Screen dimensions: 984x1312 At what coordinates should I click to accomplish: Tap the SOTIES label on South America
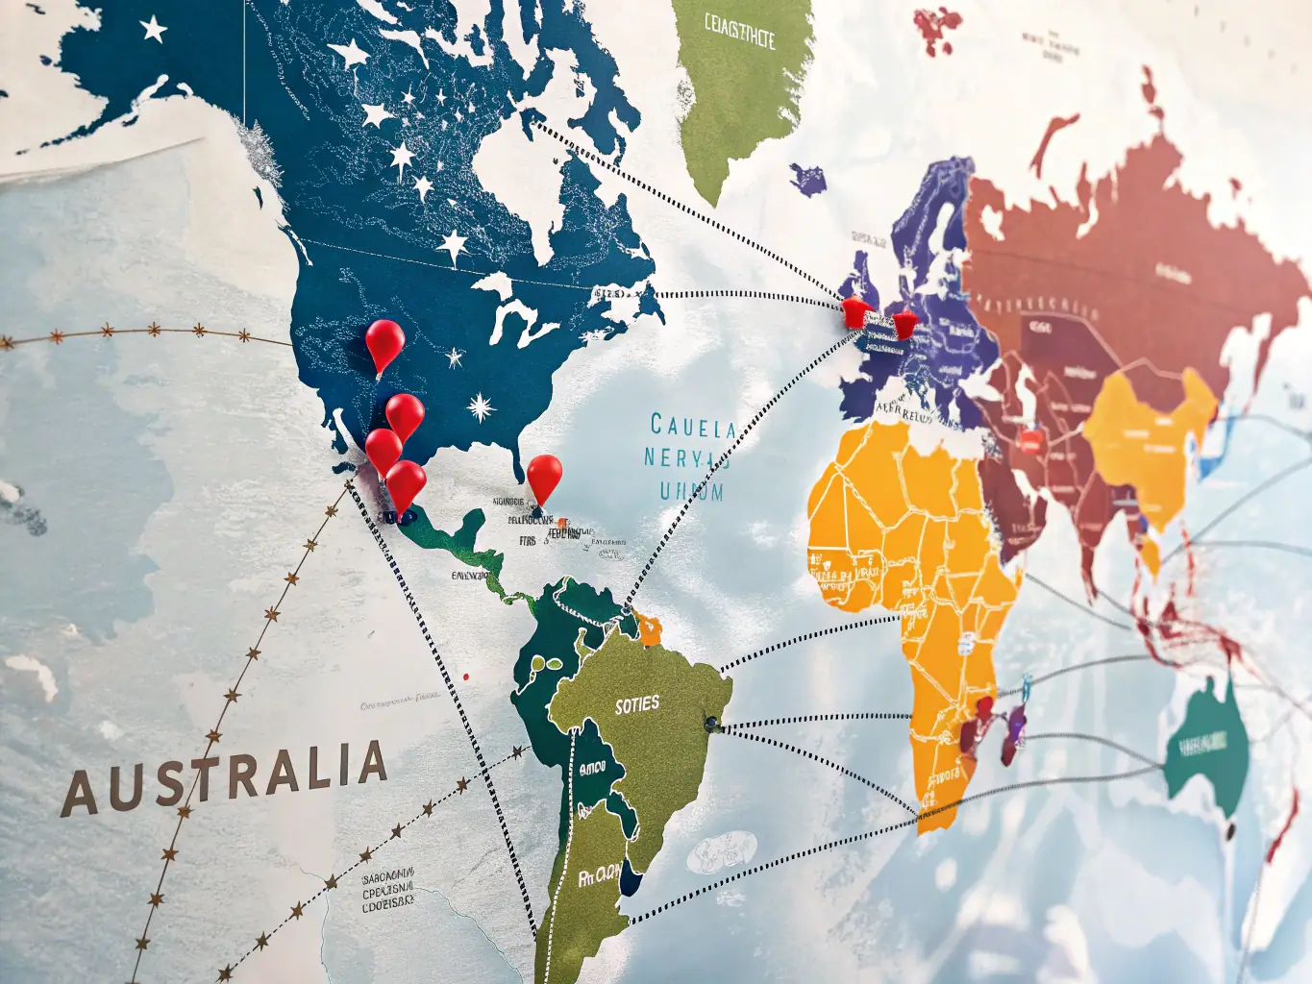coord(637,705)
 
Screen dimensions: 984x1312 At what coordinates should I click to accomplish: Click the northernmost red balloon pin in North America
coord(384,340)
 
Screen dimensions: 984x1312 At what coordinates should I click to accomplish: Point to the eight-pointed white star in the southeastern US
coord(481,406)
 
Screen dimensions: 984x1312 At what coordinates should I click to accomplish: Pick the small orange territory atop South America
coord(650,630)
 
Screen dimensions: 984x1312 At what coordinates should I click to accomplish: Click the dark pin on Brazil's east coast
coord(712,723)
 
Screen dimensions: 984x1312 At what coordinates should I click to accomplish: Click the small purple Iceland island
coord(808,179)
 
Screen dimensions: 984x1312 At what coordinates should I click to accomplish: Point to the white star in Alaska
coord(153,29)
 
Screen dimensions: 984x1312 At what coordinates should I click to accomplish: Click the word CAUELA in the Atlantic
coord(692,426)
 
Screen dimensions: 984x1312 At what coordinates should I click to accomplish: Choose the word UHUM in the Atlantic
coord(691,492)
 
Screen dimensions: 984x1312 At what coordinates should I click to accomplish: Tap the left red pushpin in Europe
coord(854,310)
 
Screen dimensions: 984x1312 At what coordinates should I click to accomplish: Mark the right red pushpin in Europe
coord(904,324)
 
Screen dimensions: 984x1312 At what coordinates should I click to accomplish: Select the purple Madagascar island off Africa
coord(1014,735)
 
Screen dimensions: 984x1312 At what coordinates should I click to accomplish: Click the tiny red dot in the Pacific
coord(466,676)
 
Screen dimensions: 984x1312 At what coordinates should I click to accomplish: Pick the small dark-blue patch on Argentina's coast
coord(630,876)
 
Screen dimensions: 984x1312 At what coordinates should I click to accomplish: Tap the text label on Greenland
coord(739,32)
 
